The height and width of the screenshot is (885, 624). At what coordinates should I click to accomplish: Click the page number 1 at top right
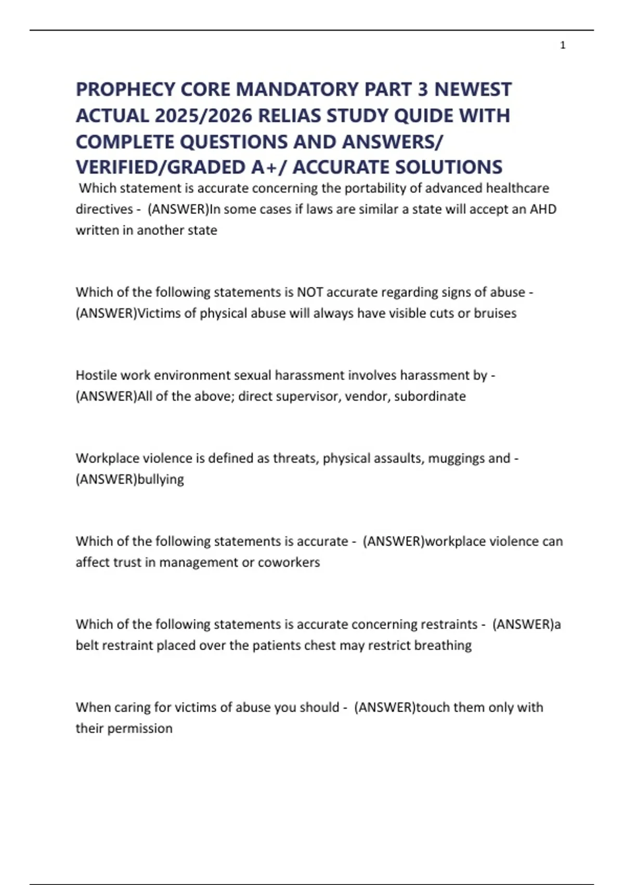(563, 46)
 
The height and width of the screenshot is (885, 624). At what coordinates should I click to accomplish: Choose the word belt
(87, 646)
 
